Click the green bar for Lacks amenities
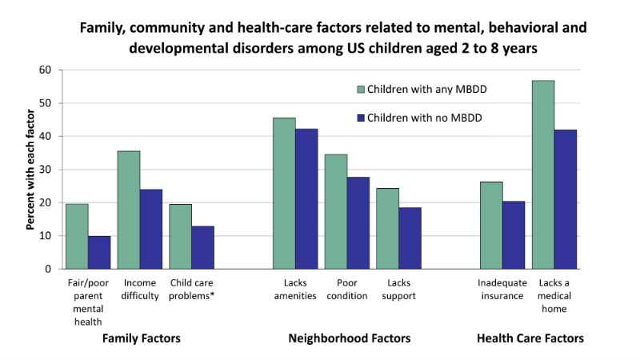(x=284, y=193)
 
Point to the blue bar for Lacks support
(x=410, y=238)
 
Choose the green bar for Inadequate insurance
(x=490, y=225)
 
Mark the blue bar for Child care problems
(x=202, y=247)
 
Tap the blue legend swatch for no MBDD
(x=360, y=118)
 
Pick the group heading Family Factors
(x=141, y=338)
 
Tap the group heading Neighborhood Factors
(x=349, y=338)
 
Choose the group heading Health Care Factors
(x=530, y=338)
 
